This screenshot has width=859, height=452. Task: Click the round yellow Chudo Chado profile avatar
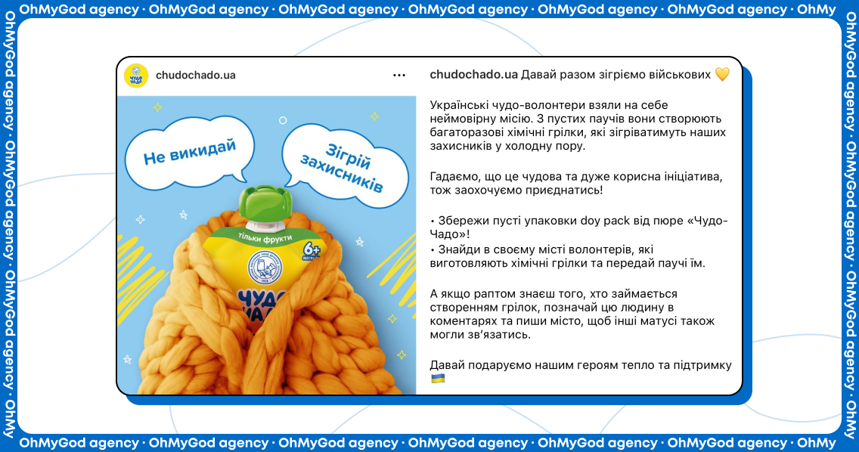coord(136,76)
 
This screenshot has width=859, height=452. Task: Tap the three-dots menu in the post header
coord(399,76)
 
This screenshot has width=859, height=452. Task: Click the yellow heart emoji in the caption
coord(723,75)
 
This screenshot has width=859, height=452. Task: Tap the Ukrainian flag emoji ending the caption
coord(438,379)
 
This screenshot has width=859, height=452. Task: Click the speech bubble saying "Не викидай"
coord(190,153)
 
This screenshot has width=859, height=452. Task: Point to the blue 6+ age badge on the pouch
coord(312,250)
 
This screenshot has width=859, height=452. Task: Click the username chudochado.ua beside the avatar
coord(196,75)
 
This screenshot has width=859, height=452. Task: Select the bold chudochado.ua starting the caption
coord(473,75)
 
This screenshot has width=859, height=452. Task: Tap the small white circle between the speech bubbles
coord(283,120)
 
